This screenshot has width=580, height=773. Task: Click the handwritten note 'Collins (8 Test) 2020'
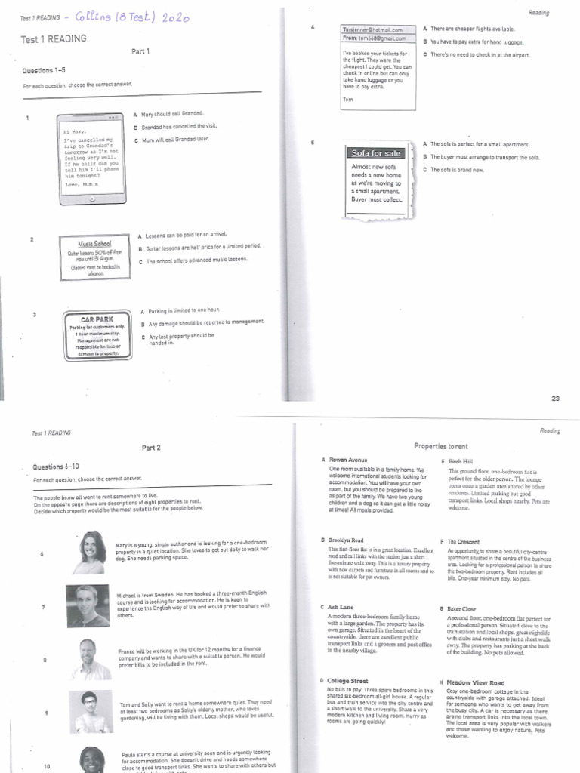pyautogui.click(x=139, y=17)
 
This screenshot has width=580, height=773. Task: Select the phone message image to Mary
pyautogui.click(x=91, y=158)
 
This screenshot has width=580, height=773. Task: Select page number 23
pyautogui.click(x=555, y=398)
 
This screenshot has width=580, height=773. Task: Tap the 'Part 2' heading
pyautogui.click(x=151, y=448)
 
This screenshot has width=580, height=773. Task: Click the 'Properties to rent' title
pyautogui.click(x=441, y=446)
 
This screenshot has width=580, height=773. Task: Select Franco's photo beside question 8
pyautogui.click(x=88, y=658)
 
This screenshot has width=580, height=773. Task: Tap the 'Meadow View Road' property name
pyautogui.click(x=475, y=682)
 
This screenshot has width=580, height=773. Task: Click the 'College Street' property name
pyautogui.click(x=348, y=681)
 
